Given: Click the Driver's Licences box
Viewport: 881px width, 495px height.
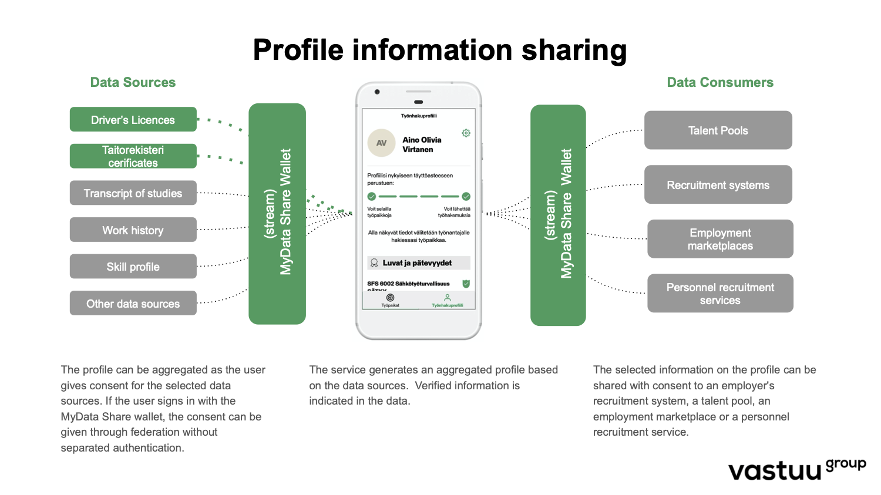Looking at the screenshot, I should tap(133, 120).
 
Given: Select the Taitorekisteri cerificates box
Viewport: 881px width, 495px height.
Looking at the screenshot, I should tap(133, 156).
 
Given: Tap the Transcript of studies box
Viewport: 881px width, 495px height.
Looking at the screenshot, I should tap(133, 193).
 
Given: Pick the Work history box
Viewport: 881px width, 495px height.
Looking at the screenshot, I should tap(133, 230).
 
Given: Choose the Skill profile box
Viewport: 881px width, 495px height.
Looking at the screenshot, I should tap(133, 267).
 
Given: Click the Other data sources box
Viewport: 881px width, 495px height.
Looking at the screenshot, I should tap(133, 304).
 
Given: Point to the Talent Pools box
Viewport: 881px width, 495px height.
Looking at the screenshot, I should tap(718, 130).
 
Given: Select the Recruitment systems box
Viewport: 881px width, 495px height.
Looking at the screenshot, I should tap(718, 185).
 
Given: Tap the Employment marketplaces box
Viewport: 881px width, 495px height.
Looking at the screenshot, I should tap(720, 239).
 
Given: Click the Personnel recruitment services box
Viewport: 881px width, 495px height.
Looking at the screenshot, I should tap(720, 294).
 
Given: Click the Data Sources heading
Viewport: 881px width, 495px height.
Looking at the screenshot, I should tap(133, 82).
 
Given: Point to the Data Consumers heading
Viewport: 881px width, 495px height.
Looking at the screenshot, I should tap(720, 82).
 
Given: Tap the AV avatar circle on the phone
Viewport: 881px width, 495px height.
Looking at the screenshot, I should tap(381, 143).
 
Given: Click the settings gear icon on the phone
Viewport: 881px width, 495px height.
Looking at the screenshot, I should tap(466, 133).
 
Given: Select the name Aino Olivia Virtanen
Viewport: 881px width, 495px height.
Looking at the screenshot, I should tap(422, 144).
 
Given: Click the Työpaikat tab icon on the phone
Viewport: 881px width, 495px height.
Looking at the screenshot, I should tap(390, 298).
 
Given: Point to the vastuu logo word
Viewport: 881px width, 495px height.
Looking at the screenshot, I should tap(774, 471).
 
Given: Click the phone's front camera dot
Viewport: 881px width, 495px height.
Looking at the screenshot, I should tap(377, 92).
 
